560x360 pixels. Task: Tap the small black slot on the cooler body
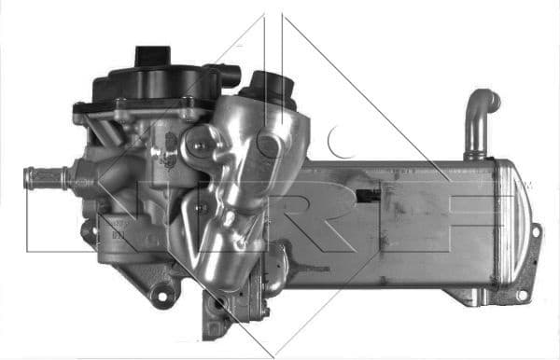pyautogui.click(x=372, y=196)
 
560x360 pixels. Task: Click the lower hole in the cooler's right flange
pyautogui.click(x=524, y=295)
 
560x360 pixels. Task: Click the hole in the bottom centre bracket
pyautogui.click(x=217, y=305)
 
